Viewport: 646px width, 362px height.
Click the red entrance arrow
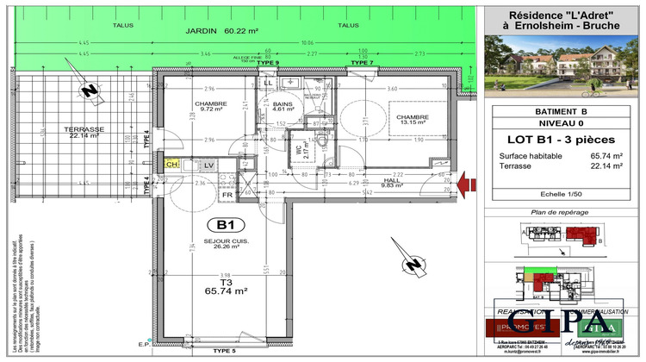click(468, 181)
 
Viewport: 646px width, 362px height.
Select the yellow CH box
click(172, 164)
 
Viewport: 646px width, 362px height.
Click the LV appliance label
click(208, 164)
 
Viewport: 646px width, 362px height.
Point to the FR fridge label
click(229, 195)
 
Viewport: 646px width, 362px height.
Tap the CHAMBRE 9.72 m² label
click(210, 107)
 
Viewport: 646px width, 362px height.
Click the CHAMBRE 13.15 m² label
click(410, 119)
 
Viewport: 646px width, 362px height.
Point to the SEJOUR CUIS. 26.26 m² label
click(226, 244)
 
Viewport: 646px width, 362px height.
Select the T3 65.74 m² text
click(226, 288)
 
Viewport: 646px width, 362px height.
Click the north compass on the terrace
click(88, 90)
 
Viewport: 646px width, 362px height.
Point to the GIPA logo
click(564, 324)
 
